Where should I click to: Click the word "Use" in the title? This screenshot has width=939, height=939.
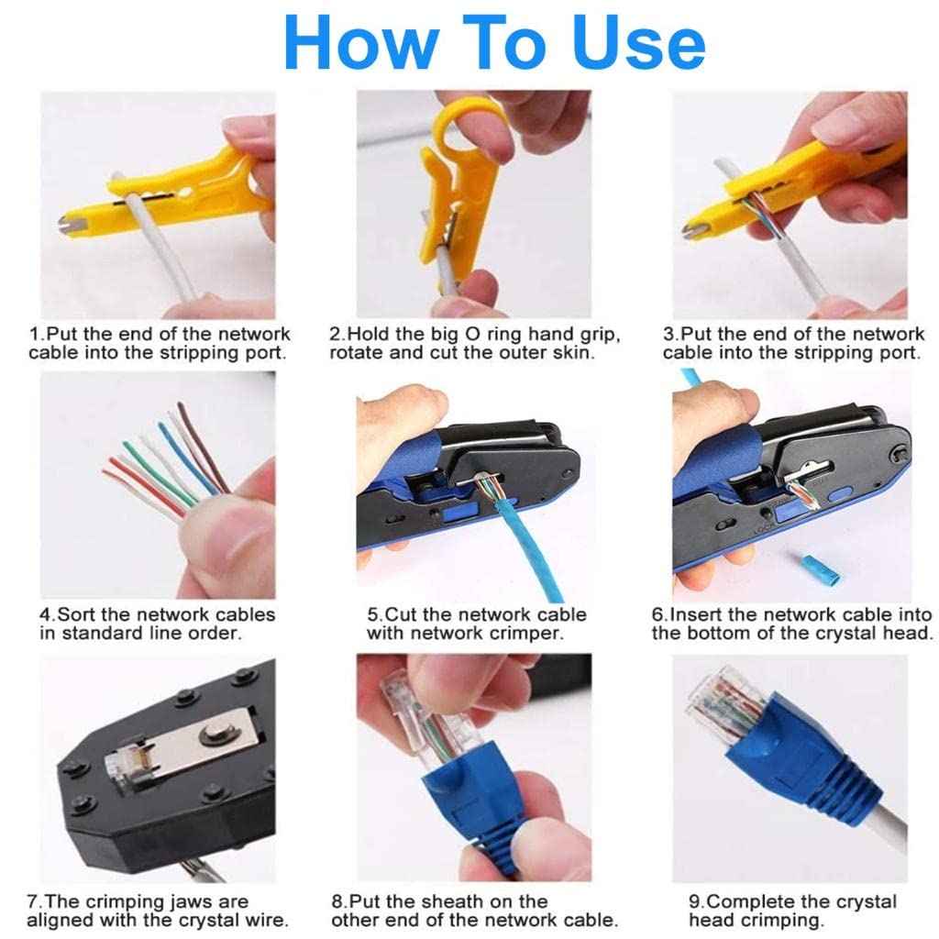639,42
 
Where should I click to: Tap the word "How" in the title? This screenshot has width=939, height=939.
361,42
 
